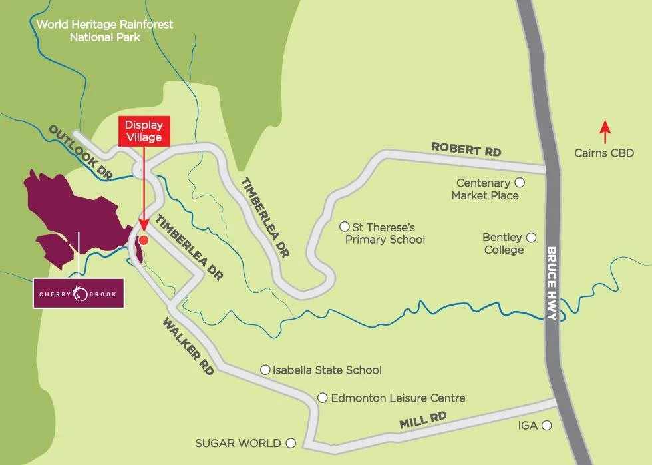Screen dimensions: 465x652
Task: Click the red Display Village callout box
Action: pos(144,131)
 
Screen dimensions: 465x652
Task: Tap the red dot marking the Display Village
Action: pos(143,240)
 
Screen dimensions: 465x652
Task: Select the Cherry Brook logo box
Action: pos(79,293)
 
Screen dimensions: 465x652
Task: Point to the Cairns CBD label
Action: pos(604,153)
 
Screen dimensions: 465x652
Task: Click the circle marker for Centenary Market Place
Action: pos(520,182)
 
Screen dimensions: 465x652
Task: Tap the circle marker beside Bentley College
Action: pos(531,237)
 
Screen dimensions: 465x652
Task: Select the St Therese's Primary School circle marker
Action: pos(344,227)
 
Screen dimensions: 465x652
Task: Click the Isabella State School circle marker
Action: pos(265,369)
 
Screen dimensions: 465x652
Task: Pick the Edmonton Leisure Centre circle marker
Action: pos(322,398)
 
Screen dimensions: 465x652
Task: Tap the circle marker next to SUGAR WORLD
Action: pos(290,442)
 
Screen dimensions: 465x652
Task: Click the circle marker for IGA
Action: pos(546,425)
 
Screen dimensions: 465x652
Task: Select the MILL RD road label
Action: pos(422,420)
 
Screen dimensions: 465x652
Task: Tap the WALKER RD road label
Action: pos(188,346)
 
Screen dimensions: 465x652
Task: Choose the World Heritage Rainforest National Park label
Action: pos(105,30)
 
